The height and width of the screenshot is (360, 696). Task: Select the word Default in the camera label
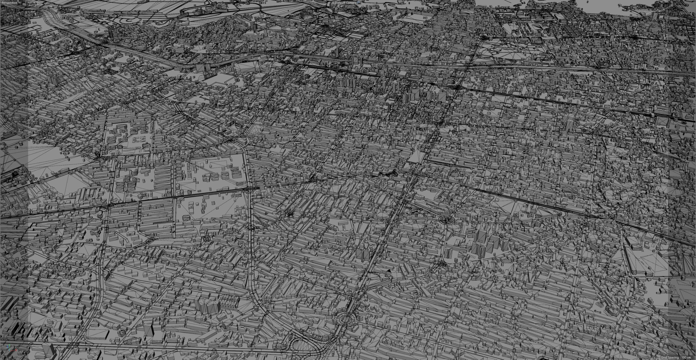(340, 3)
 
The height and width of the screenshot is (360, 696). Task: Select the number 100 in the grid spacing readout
(684, 358)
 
